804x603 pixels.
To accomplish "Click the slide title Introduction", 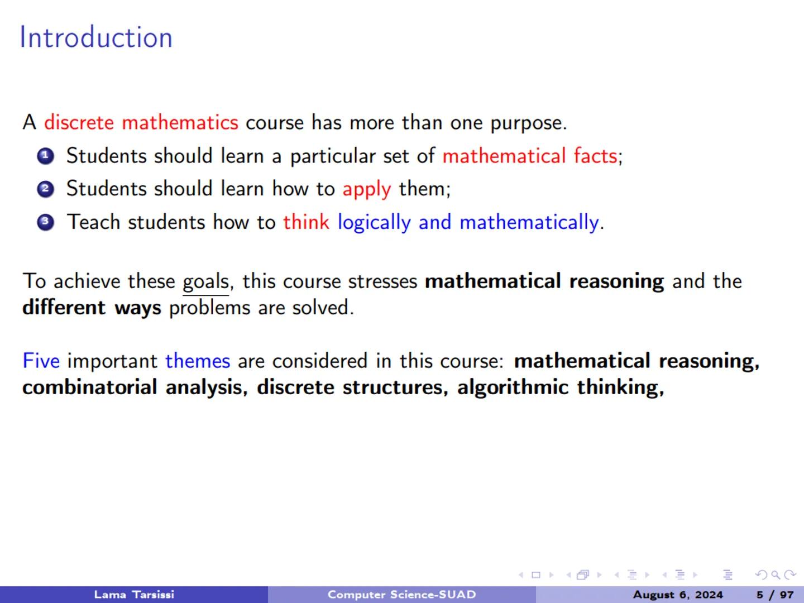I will tap(96, 38).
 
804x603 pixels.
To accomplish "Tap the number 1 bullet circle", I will tap(45, 156).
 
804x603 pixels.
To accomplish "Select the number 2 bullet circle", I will tap(45, 189).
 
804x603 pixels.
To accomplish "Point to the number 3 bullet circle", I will tap(45, 222).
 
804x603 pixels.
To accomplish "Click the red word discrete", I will tap(79, 122).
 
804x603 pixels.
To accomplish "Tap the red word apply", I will tap(366, 189).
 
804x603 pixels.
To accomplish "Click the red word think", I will tap(306, 222).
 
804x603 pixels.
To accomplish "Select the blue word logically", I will tap(374, 222).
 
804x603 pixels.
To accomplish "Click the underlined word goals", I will tap(205, 281).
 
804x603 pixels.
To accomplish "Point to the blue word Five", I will tap(41, 361).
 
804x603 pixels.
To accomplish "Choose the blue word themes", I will tap(198, 361).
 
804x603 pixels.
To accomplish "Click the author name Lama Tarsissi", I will tap(134, 595).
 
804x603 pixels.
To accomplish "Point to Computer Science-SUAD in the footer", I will tap(401, 595).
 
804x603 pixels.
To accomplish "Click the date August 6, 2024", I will tap(678, 595).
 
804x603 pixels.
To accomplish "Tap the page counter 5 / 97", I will tap(775, 595).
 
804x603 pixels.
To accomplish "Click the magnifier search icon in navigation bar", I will tap(776, 575).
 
